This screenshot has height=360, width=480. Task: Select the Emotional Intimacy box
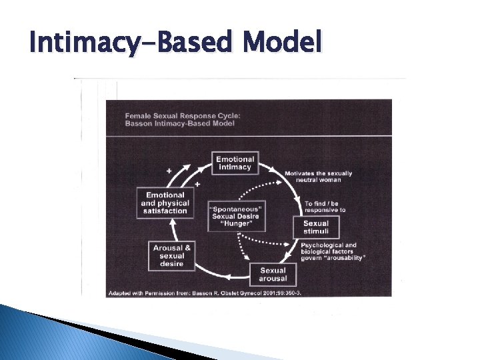coord(235,163)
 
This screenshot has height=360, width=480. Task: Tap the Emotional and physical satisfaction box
coord(165,203)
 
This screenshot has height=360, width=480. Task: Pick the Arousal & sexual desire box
coord(172,256)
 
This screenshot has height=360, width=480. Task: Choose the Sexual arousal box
coord(273,275)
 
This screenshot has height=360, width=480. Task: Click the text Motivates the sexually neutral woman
coord(318,177)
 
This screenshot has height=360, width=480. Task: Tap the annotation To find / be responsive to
coord(325,206)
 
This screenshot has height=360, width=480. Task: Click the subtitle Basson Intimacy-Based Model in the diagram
coord(175,124)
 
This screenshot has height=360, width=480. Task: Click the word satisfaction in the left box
coord(165,212)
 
